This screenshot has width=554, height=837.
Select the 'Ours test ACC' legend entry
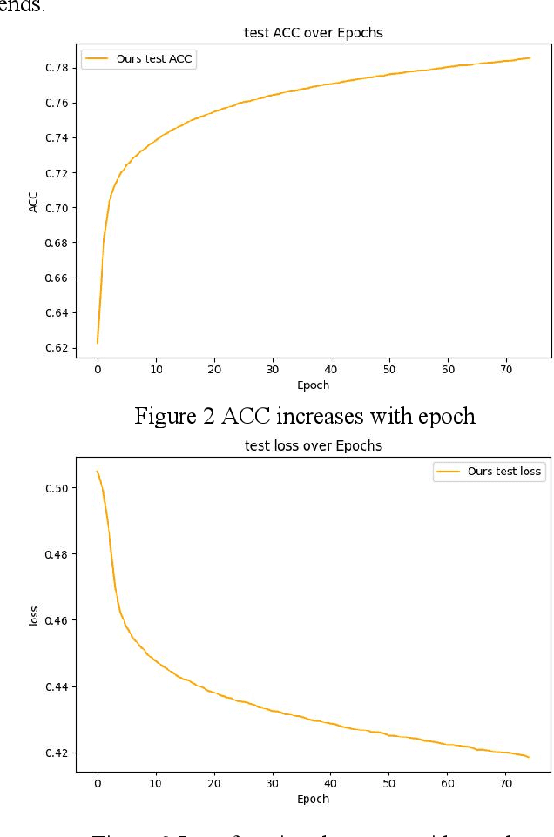click(x=154, y=59)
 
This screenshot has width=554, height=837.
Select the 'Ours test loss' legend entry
click(x=503, y=472)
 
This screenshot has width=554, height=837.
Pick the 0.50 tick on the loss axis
click(x=57, y=488)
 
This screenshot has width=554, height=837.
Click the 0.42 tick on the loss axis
click(x=57, y=753)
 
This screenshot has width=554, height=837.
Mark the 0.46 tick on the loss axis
click(x=57, y=620)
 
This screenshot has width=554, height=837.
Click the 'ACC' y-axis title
click(x=33, y=202)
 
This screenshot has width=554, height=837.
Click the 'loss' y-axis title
click(x=33, y=617)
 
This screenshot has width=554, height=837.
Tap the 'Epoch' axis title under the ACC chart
click(x=313, y=385)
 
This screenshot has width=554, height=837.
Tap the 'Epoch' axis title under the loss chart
click(x=313, y=799)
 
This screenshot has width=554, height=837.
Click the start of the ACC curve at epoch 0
click(x=98, y=343)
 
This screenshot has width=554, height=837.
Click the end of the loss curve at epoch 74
click(x=529, y=757)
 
